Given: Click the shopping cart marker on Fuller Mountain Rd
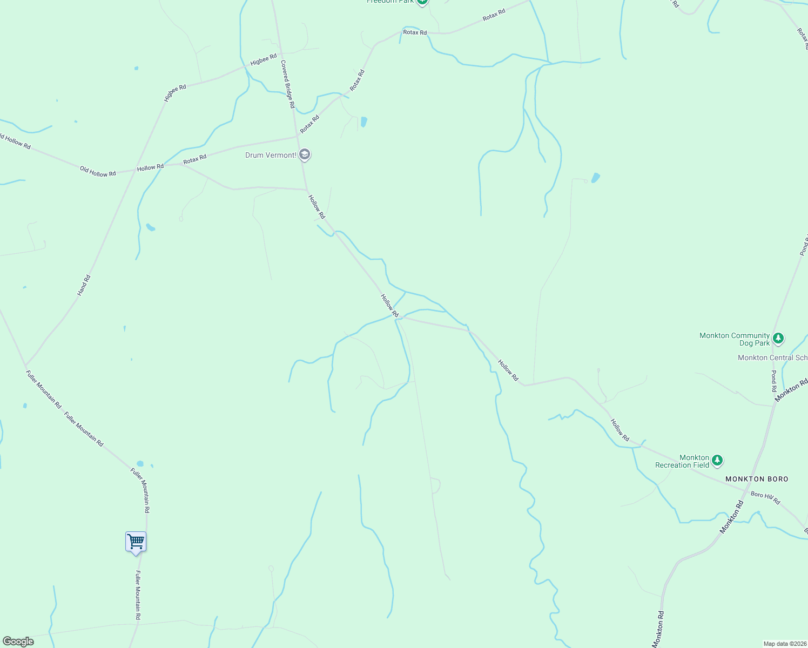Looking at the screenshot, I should (x=136, y=541).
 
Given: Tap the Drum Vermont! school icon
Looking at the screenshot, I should (x=305, y=155).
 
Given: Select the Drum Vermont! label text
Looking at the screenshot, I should (x=271, y=156).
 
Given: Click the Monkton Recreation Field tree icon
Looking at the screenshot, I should (x=717, y=461).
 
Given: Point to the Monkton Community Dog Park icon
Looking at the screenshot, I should (x=778, y=339).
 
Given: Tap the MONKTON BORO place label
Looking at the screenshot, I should (x=757, y=479).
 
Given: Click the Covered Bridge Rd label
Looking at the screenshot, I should (x=287, y=84).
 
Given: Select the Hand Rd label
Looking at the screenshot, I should (x=84, y=285).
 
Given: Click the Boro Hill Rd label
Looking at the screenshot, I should (x=765, y=497).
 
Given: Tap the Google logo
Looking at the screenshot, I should (x=18, y=642).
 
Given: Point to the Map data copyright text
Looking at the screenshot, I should (x=784, y=644).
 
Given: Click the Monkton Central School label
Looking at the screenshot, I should (x=772, y=358).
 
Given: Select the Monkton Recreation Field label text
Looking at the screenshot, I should (x=682, y=461).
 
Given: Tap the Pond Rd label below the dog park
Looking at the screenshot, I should (x=774, y=381).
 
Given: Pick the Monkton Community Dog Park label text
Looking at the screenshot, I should (x=735, y=339).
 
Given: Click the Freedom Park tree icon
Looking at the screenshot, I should (x=422, y=2).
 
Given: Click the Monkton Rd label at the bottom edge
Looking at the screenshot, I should (x=658, y=629).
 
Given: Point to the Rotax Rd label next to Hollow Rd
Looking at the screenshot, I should (x=194, y=159).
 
